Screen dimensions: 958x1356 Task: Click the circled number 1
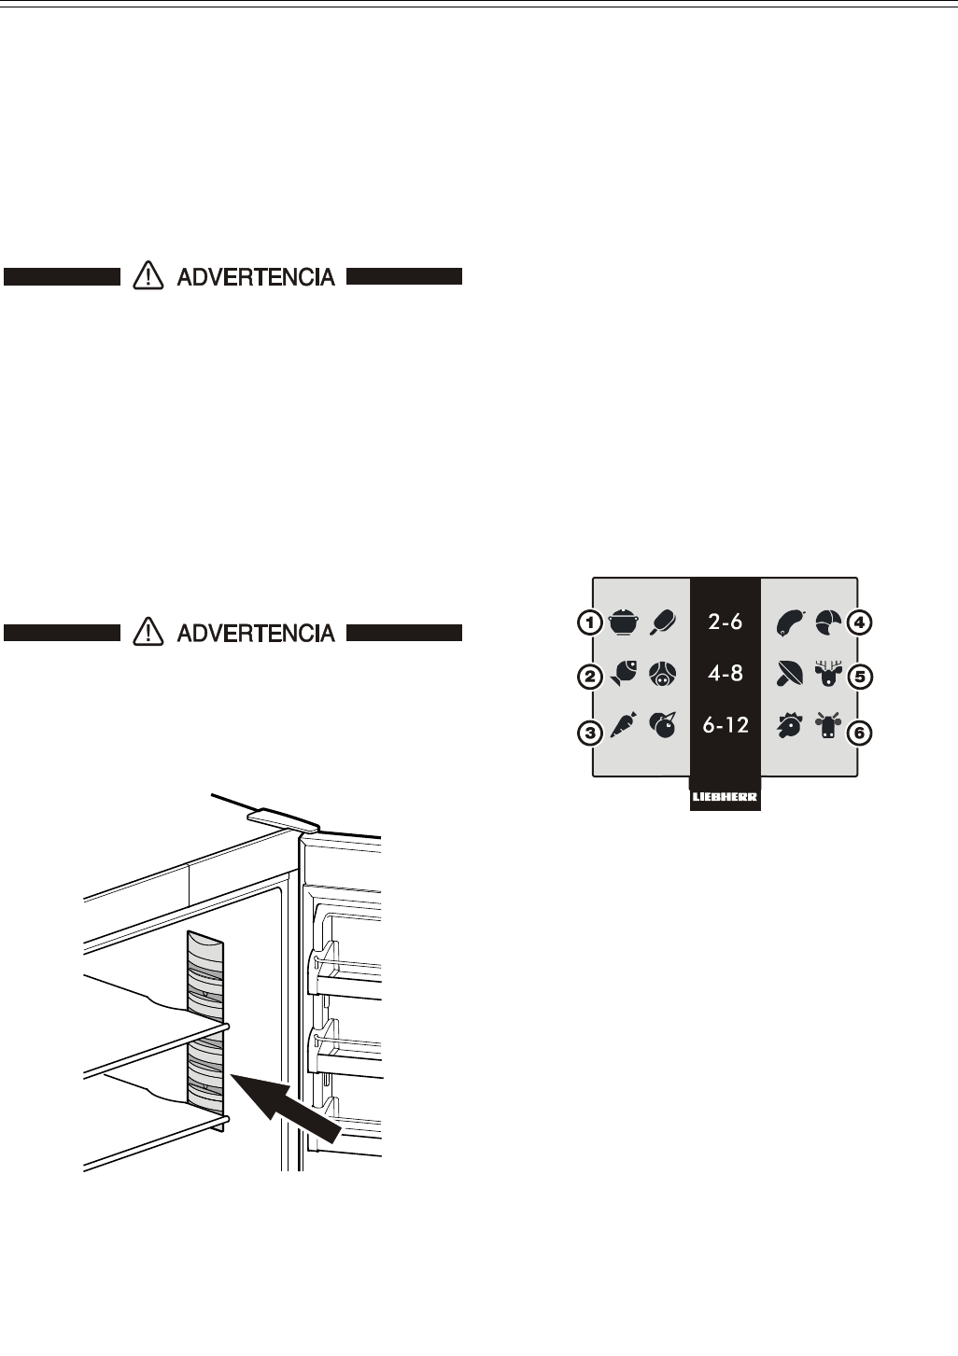[x=590, y=622]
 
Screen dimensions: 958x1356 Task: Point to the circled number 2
[x=590, y=678]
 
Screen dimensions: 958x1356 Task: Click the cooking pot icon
[x=622, y=622]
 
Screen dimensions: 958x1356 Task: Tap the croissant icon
[x=828, y=621]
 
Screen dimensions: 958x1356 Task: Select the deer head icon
[x=828, y=675]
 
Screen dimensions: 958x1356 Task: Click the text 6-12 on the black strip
[x=726, y=725]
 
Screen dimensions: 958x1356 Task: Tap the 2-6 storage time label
[x=726, y=622]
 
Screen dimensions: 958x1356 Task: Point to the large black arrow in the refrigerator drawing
[x=284, y=1104]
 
